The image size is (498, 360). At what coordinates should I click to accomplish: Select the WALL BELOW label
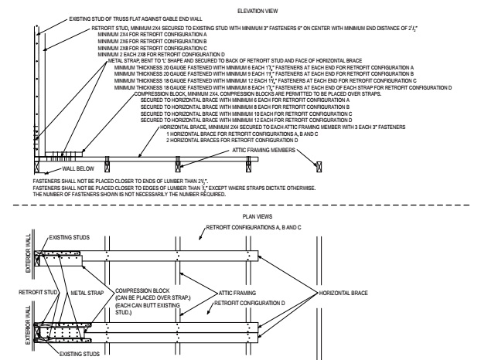pyautogui.click(x=60, y=166)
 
